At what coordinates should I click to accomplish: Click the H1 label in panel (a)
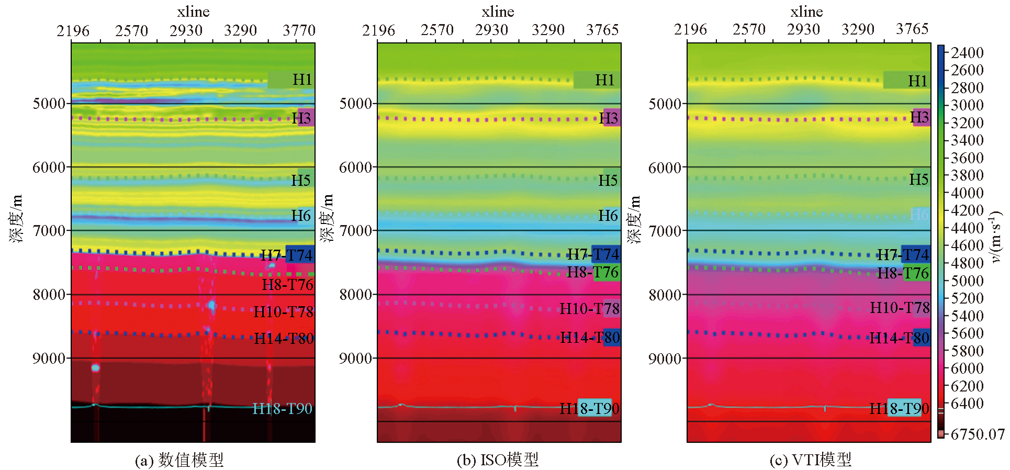pyautogui.click(x=301, y=80)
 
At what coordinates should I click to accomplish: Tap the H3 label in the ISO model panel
pyautogui.click(x=609, y=118)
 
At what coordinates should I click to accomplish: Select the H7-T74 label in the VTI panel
pyautogui.click(x=903, y=255)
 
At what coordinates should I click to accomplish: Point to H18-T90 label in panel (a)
pyautogui.click(x=282, y=408)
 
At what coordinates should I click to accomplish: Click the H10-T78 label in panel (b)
pyautogui.click(x=589, y=309)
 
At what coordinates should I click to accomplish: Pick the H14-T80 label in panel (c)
pyautogui.click(x=899, y=338)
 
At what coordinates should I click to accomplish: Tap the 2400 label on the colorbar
pyautogui.click(x=967, y=53)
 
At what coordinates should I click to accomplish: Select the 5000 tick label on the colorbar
pyautogui.click(x=967, y=281)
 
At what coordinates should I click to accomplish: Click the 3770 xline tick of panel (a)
pyautogui.click(x=299, y=30)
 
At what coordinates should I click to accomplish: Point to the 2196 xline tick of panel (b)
pyautogui.click(x=378, y=30)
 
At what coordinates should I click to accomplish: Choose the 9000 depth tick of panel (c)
pyautogui.click(x=665, y=359)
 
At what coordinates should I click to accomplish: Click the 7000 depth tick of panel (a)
pyautogui.click(x=49, y=230)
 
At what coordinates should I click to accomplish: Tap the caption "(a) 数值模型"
pyautogui.click(x=179, y=460)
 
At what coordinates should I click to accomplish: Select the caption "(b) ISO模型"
pyautogui.click(x=498, y=460)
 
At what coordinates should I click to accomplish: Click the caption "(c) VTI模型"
pyautogui.click(x=811, y=460)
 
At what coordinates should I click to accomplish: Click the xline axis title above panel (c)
pyautogui.click(x=806, y=12)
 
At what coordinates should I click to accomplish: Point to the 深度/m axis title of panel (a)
pyautogui.click(x=16, y=219)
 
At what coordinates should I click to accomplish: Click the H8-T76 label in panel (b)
pyautogui.click(x=592, y=272)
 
